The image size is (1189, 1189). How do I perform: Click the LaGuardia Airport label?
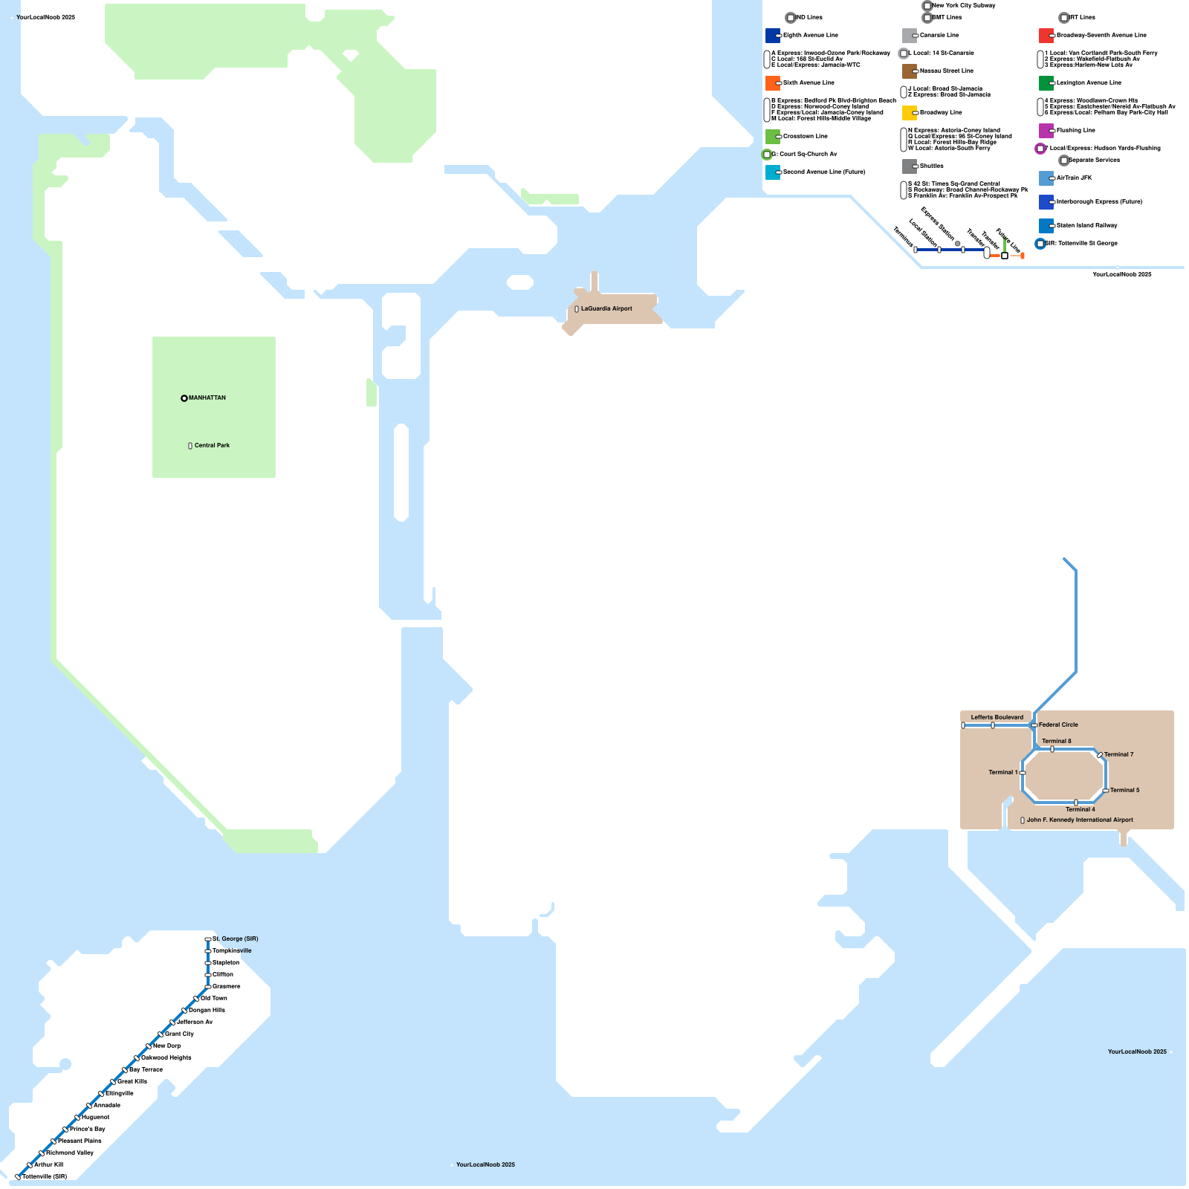[606, 308]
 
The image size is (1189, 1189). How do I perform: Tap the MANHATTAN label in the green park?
[207, 398]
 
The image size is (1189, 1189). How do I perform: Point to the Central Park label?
[212, 445]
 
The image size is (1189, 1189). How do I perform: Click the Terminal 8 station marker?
[1052, 749]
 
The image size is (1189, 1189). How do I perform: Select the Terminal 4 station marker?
[1076, 803]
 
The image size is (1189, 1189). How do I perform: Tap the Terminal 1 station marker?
[1023, 773]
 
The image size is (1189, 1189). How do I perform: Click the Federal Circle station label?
[1058, 725]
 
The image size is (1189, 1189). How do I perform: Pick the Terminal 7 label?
[1118, 754]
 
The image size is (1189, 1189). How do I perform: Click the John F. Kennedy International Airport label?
[1080, 820]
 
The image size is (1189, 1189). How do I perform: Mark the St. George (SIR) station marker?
[207, 939]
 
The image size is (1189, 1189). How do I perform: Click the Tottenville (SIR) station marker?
[18, 1177]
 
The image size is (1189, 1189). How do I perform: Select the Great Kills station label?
[132, 1081]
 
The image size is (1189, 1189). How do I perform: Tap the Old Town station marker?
[196, 999]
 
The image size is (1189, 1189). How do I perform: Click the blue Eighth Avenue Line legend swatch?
[773, 36]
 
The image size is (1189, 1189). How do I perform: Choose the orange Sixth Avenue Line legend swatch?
[773, 83]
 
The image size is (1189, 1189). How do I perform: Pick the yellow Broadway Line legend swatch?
[910, 113]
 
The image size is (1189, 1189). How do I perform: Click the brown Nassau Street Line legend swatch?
[910, 71]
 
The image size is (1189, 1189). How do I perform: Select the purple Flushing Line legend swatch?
[1046, 131]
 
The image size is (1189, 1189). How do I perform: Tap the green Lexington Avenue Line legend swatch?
[1046, 83]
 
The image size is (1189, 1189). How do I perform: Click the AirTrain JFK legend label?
[1075, 178]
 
